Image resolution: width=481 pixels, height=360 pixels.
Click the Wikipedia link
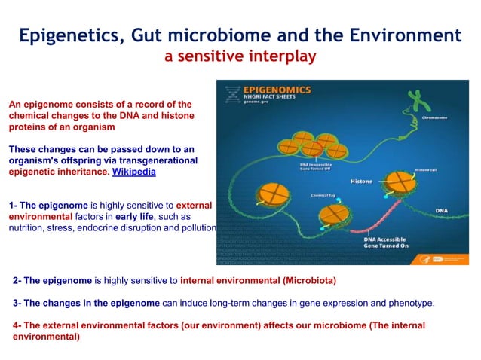click(134, 172)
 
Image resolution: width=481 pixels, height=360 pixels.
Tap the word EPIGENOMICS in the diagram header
click(278, 90)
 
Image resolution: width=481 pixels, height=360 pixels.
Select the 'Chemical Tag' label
click(323, 194)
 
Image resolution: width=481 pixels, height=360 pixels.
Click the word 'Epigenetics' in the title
click(68, 35)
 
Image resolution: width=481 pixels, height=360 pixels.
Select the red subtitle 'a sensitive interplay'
click(240, 56)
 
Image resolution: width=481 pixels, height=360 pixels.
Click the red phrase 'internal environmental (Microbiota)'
click(258, 280)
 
